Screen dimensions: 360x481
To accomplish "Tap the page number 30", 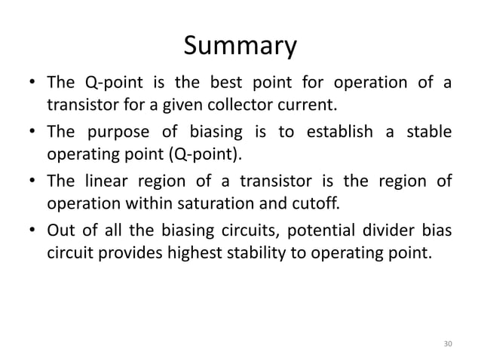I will (449, 344).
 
